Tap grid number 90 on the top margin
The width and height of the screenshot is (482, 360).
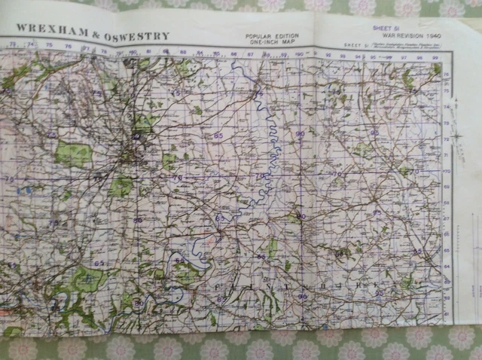click(x=299, y=54)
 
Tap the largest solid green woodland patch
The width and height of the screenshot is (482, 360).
click(x=73, y=154)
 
